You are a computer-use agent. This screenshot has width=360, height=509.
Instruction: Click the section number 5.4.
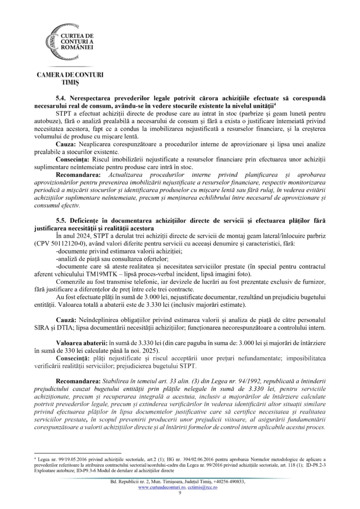tap(63, 99)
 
